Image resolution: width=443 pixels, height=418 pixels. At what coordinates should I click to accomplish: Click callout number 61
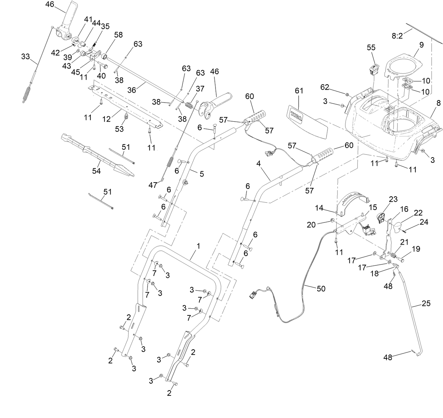299,91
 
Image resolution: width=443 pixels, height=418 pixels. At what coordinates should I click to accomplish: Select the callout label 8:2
397,36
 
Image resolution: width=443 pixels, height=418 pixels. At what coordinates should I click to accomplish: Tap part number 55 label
371,47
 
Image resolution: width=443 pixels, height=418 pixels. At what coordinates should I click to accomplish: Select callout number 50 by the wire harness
321,289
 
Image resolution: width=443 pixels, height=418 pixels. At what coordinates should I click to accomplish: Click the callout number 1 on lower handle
198,246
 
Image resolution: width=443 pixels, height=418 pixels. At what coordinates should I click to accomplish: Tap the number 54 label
96,171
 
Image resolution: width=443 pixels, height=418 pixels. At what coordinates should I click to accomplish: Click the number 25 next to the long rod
426,304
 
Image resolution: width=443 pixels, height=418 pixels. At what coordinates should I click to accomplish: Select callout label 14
319,208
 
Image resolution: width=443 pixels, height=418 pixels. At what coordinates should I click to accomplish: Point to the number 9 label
422,45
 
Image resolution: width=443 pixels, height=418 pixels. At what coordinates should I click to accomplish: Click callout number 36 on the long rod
131,90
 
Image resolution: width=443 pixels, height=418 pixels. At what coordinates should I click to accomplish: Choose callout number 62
324,87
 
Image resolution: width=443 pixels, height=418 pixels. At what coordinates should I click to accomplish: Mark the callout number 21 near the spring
404,242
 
